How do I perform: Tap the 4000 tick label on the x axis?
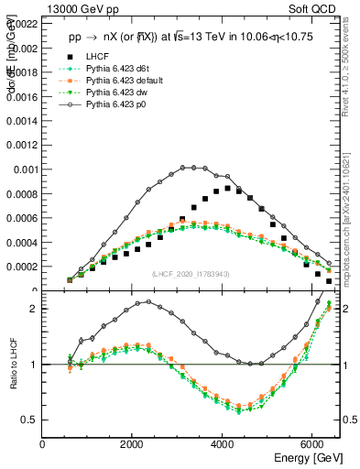[223, 443]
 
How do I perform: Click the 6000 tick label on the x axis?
[312, 443]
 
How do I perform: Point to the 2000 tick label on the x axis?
[133, 443]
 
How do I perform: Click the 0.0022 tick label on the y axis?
[20, 23]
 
